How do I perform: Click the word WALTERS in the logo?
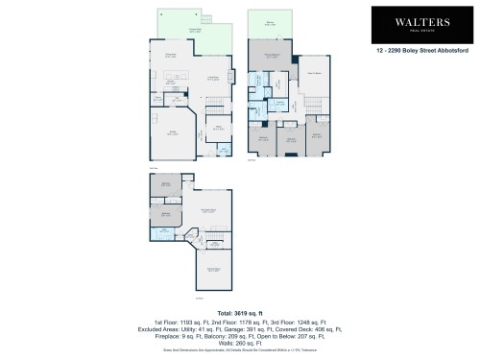(x=415, y=20)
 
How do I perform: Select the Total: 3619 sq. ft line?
(x=239, y=313)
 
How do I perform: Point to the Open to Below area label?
(x=313, y=72)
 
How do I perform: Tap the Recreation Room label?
(x=205, y=211)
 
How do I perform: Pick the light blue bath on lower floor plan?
(x=164, y=231)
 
